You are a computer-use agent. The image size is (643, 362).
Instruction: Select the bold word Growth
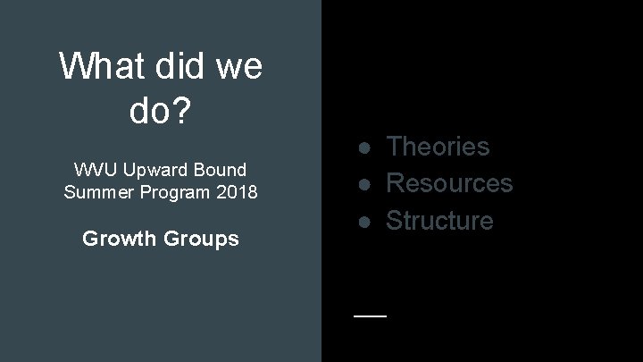116,239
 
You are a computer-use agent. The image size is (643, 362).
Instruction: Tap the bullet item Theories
438,146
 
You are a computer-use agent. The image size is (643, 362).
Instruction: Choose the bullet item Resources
449,182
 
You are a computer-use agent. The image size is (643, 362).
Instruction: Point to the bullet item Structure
439,220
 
